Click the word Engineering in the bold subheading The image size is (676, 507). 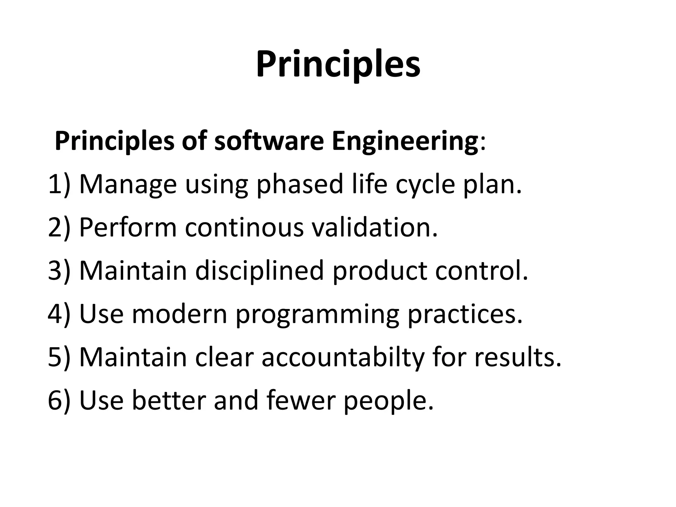[x=405, y=142]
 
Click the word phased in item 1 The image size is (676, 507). [x=300, y=185]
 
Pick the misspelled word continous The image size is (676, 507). [x=244, y=227]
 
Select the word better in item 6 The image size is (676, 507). [x=169, y=400]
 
